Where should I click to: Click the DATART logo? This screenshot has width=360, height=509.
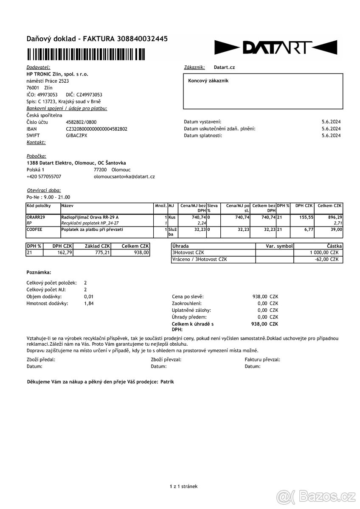[276, 48]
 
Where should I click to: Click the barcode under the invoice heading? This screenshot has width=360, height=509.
[85, 55]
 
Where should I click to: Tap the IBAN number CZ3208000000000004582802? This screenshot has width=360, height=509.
[96, 129]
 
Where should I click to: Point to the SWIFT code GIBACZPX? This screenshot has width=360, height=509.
[76, 135]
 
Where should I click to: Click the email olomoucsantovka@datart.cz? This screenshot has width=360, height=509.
[124, 176]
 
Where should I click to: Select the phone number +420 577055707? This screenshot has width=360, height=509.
[44, 176]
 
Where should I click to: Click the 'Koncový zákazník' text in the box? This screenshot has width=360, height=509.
[208, 81]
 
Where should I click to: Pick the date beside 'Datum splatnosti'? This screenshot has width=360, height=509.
[331, 135]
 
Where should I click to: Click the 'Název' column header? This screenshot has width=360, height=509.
[67, 206]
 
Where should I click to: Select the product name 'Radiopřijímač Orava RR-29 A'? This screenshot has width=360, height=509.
[90, 217]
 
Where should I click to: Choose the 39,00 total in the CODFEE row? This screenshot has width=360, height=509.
[336, 229]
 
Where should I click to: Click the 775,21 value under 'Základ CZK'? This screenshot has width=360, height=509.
[101, 252]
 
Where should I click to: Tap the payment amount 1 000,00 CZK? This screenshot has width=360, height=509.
[324, 252]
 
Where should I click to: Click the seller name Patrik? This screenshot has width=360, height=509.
[167, 382]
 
